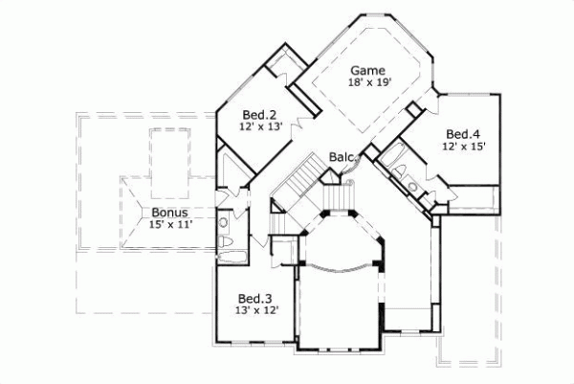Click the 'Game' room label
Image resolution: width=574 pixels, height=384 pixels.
click(367, 71)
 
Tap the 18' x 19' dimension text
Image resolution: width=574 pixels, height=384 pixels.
click(367, 83)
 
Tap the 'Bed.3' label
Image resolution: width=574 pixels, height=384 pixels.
click(254, 298)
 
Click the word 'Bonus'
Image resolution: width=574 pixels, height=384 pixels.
click(168, 212)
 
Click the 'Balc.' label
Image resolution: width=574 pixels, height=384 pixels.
click(342, 156)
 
